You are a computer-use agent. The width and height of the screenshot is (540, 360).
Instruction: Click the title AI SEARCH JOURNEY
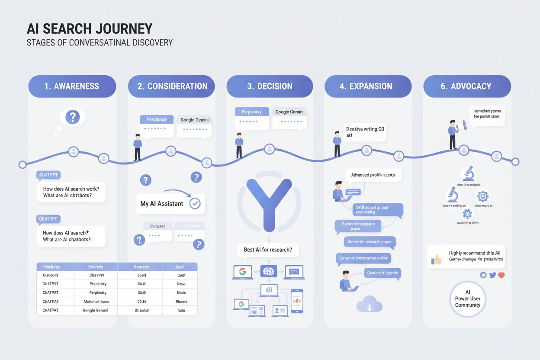[90, 29]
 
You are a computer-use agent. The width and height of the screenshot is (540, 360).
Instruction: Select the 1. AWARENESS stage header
[72, 86]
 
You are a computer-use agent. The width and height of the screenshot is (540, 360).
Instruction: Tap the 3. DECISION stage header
[269, 86]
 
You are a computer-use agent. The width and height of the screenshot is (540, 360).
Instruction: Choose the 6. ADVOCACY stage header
[467, 86]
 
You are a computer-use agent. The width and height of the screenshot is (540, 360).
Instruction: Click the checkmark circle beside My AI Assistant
[195, 203]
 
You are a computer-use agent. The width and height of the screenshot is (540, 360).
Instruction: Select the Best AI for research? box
[268, 250]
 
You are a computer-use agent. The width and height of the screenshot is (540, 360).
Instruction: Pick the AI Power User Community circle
[468, 299]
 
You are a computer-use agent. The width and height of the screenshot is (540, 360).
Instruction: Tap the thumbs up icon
[436, 260]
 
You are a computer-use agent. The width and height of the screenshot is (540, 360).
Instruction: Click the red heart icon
[501, 275]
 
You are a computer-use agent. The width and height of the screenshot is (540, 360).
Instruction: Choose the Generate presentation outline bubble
[363, 258]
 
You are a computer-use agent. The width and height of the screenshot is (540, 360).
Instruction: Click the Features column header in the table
[51, 267]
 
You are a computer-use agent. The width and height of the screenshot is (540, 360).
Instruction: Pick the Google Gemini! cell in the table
[95, 310]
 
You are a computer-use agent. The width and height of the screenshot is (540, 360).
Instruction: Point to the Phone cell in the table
[181, 302]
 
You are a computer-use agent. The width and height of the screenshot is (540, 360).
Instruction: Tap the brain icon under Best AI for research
[268, 272]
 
